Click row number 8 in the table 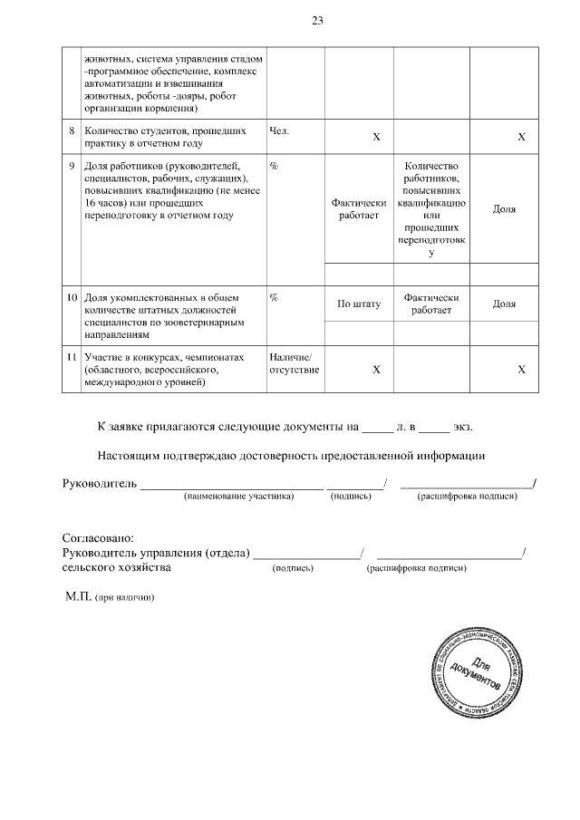click(72, 130)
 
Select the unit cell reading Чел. click(280, 130)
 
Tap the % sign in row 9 click(274, 166)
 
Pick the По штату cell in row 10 click(358, 304)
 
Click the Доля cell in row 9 click(504, 209)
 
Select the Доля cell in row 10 click(504, 304)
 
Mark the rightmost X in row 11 click(521, 370)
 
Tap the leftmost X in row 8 click(376, 137)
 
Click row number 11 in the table click(71, 357)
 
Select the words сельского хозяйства click(116, 568)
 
